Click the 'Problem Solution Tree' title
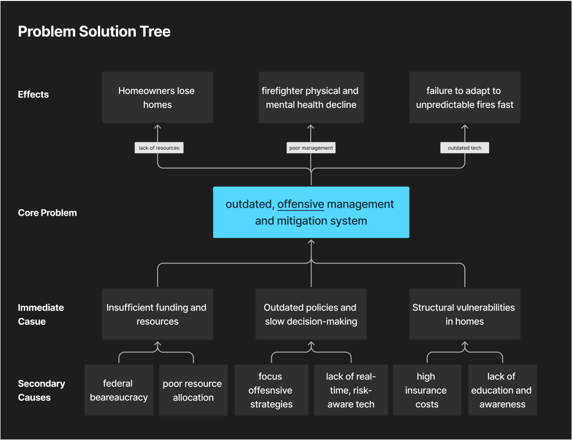94,32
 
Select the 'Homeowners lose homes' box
158,97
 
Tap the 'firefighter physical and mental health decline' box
311,97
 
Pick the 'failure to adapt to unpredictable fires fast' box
464,97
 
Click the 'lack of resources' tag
159,148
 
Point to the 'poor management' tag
311,148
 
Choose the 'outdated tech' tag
464,148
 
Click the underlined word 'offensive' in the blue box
301,204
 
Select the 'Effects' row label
34,94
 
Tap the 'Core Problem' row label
47,213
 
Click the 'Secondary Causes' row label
41,391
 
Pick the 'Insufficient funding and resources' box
158,314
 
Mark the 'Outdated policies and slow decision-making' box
311,314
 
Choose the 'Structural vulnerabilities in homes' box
464,314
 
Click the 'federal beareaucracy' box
119,391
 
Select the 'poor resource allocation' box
193,391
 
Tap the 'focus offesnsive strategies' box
271,391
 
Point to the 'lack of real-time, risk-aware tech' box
351,391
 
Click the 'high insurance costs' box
427,391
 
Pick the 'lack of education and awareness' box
502,391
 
